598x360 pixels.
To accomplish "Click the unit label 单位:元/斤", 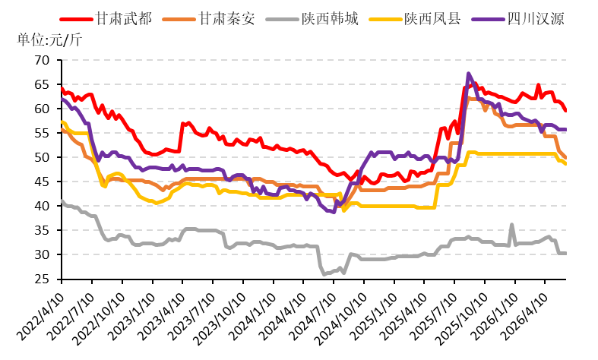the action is point(49,39).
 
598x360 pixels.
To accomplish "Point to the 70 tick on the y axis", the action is point(42,60).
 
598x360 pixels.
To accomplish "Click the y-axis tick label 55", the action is point(42,133).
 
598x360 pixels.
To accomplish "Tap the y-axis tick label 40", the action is point(42,206).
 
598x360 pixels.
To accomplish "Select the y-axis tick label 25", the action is point(42,279).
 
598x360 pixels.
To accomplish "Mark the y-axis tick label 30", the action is point(42,254).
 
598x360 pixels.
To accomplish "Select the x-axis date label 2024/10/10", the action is point(340,317).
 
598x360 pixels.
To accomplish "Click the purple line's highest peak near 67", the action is point(468,73).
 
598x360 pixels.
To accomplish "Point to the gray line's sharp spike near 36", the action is point(512,225).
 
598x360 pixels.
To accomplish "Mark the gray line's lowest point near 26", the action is point(324,274).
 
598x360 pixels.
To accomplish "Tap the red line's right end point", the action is point(565,111).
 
